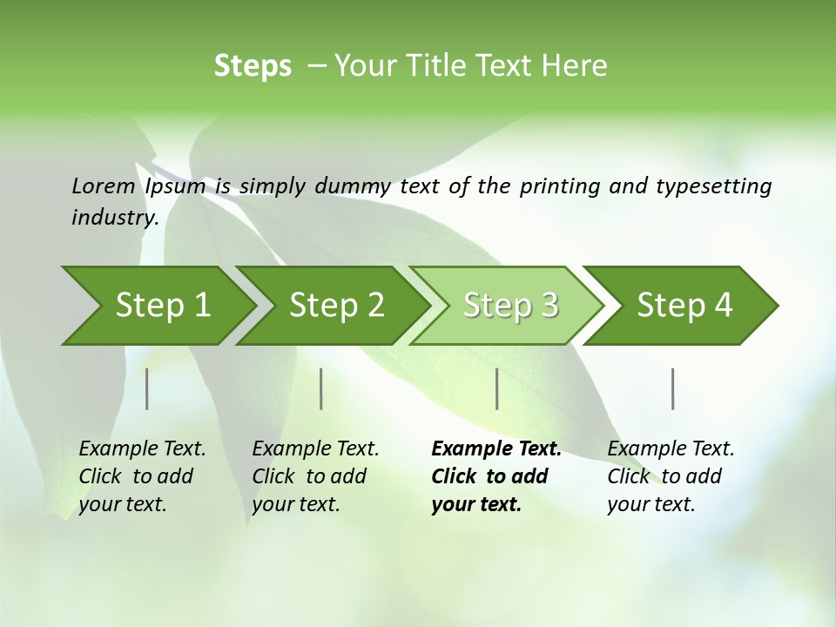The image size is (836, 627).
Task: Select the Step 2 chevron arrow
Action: point(336,306)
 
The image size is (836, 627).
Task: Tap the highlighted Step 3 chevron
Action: point(510,306)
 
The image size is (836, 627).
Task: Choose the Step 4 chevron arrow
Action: point(684,306)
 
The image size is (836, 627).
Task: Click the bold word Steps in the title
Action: point(253,65)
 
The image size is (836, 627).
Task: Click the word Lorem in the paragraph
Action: point(103,185)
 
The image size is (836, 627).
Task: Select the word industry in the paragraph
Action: point(113,217)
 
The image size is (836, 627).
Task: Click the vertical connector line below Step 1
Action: point(147,388)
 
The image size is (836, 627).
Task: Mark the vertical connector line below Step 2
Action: point(321,388)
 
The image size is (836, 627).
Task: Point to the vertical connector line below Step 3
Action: point(497,388)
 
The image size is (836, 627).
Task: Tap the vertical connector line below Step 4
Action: point(673,388)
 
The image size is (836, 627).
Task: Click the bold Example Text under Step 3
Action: point(496,449)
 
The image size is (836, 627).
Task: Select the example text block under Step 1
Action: point(142,476)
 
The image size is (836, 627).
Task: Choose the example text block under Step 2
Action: point(315,476)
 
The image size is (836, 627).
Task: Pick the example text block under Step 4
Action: point(671,476)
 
